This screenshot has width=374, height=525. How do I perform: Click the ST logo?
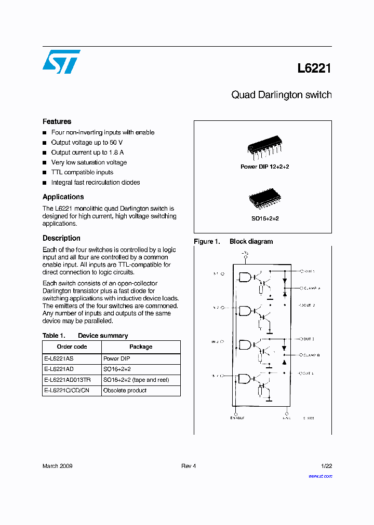click(x=61, y=62)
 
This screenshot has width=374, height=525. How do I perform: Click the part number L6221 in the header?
click(x=314, y=68)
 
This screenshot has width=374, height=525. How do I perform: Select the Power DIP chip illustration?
click(x=264, y=149)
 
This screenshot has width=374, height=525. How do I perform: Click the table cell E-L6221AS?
click(x=59, y=358)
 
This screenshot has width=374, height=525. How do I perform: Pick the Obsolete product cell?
click(x=125, y=391)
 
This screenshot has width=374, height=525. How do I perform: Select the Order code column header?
click(x=72, y=347)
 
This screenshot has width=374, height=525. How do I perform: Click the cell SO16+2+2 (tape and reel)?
click(x=136, y=380)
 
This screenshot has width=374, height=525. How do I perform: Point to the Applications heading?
click(x=63, y=197)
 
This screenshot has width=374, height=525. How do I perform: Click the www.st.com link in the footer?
click(x=320, y=476)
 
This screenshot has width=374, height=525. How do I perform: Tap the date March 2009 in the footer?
click(x=57, y=466)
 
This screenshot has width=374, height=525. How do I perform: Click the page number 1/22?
click(x=326, y=466)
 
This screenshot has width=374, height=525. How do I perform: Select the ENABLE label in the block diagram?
click(x=237, y=418)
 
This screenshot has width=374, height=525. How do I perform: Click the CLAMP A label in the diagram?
click(x=312, y=288)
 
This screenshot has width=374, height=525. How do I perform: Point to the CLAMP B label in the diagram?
click(x=312, y=355)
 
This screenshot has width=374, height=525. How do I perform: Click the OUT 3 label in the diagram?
click(x=309, y=339)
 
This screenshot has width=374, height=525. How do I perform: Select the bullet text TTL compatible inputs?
click(x=82, y=172)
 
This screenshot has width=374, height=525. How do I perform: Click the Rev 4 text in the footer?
click(x=189, y=466)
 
